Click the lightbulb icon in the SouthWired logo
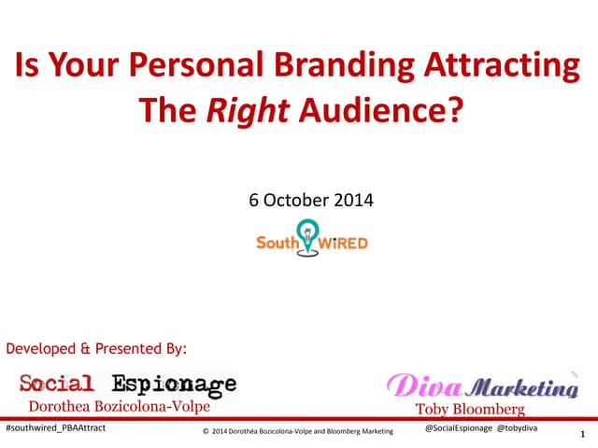306,231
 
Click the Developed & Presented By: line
97,349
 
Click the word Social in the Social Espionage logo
58,384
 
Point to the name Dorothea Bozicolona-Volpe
120,406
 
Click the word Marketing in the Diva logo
520,387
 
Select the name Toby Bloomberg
471,409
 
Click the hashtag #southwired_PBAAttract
56,427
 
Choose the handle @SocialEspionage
458,427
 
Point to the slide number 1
582,434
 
